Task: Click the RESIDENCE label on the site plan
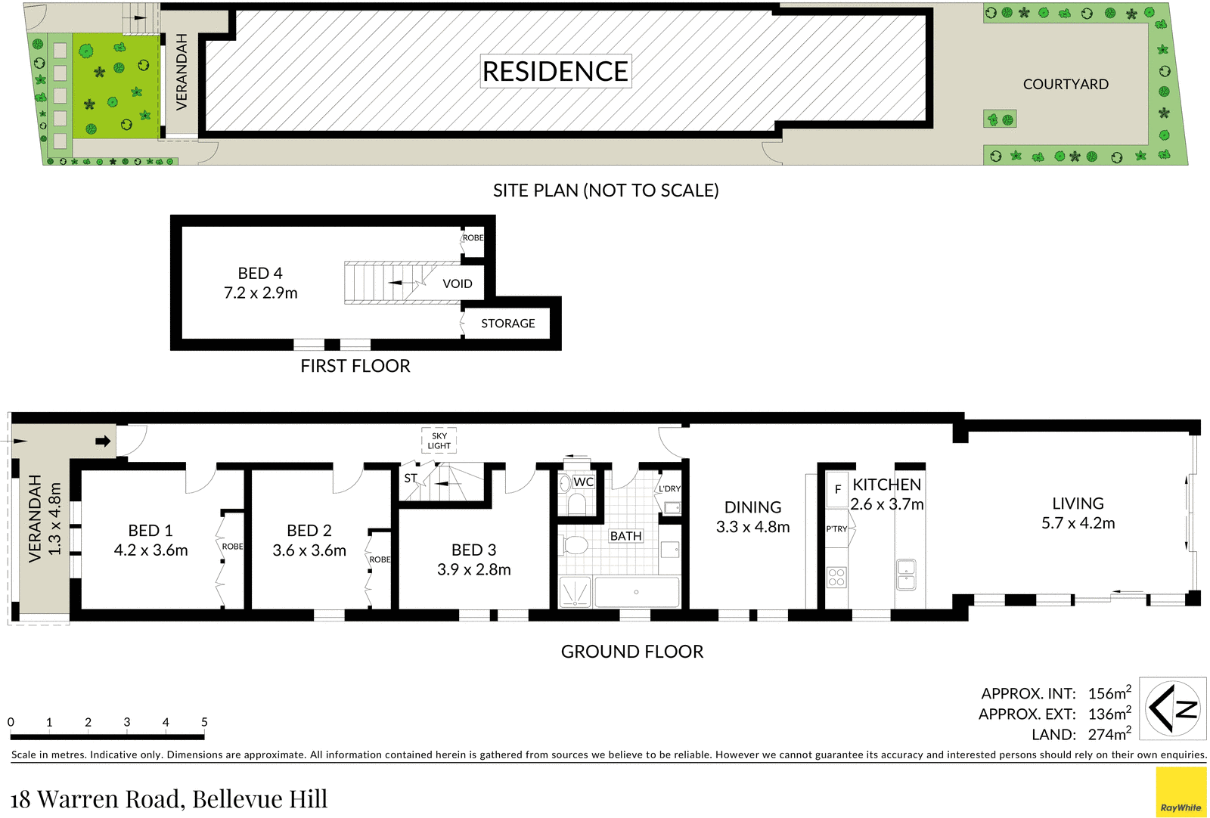[556, 71]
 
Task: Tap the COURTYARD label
[1066, 84]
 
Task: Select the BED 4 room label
[260, 273]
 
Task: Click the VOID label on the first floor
[458, 284]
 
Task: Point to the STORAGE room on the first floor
[507, 324]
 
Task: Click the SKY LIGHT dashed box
[439, 441]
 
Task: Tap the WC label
[583, 482]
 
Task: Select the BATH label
[626, 536]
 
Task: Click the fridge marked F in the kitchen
[837, 490]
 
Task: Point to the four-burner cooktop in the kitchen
[836, 577]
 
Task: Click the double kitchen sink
[907, 575]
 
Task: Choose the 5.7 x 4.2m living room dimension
[1078, 523]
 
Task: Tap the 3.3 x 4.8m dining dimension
[753, 527]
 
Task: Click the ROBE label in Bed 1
[233, 547]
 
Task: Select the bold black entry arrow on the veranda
[103, 441]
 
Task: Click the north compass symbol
[1173, 708]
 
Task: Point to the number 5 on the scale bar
[204, 722]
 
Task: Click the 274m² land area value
[1109, 733]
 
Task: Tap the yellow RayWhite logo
[1181, 792]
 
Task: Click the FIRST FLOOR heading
[355, 366]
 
